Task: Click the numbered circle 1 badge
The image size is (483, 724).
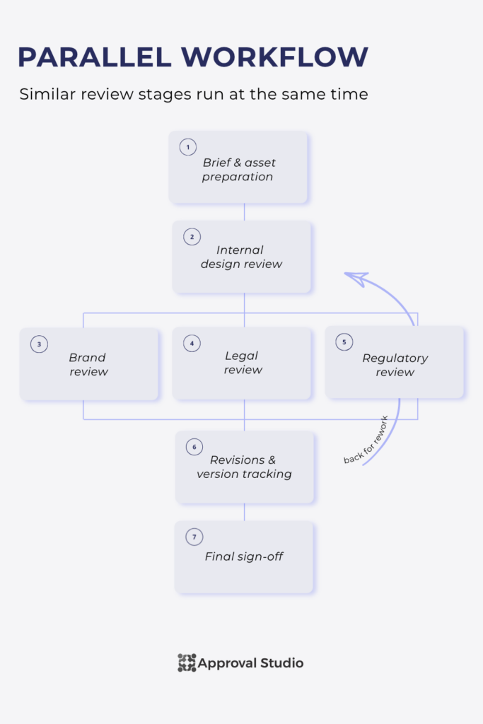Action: [188, 147]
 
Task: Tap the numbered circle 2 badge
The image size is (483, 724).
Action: [192, 237]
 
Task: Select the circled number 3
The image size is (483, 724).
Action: [40, 344]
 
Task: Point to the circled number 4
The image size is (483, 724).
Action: [192, 343]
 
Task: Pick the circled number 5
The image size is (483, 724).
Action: [344, 342]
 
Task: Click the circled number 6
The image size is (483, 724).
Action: [194, 447]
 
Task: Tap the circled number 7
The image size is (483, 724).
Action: [194, 537]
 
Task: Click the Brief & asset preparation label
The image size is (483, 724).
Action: [238, 170]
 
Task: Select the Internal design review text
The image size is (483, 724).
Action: [241, 257]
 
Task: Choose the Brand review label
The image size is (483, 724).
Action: [88, 364]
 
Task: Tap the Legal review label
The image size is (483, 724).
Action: [243, 363]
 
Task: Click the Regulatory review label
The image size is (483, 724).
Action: [395, 365]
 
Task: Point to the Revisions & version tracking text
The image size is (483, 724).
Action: [244, 467]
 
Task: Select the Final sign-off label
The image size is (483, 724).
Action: [244, 556]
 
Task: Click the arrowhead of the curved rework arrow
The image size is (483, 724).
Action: [357, 279]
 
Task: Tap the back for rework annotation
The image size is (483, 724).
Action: [366, 440]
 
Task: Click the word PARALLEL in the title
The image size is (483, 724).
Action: [95, 57]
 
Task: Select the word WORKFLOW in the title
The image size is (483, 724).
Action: [275, 57]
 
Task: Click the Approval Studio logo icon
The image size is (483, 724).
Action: [187, 662]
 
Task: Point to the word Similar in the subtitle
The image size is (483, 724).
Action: [47, 94]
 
